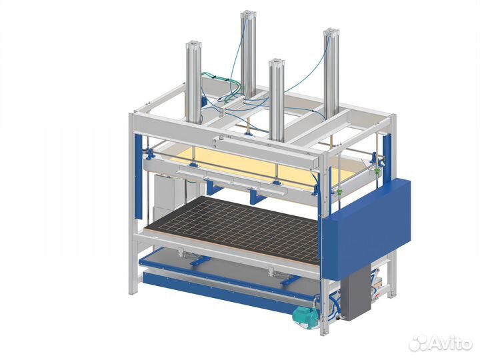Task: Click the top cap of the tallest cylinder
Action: [x=248, y=14]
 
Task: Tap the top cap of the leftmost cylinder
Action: [x=193, y=45]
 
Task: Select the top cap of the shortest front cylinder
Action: [x=277, y=63]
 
